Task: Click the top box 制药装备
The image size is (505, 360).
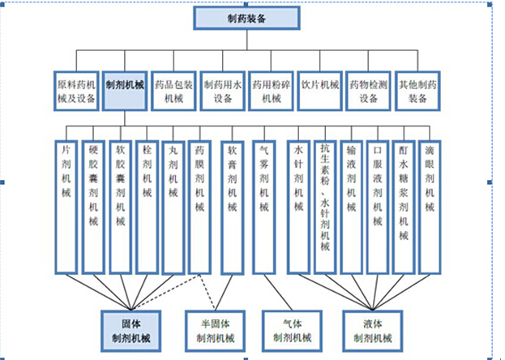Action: (242, 18)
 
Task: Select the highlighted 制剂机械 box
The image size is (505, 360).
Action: (124, 90)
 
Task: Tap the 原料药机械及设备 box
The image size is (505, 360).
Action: (76, 90)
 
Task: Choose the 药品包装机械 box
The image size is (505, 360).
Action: (173, 90)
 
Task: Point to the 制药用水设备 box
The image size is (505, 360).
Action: (223, 90)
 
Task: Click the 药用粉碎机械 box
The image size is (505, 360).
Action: (271, 90)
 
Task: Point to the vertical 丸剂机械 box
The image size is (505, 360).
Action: (173, 206)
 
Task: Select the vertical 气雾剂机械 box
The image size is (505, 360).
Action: (265, 206)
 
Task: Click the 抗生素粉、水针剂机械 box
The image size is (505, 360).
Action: (324, 206)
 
